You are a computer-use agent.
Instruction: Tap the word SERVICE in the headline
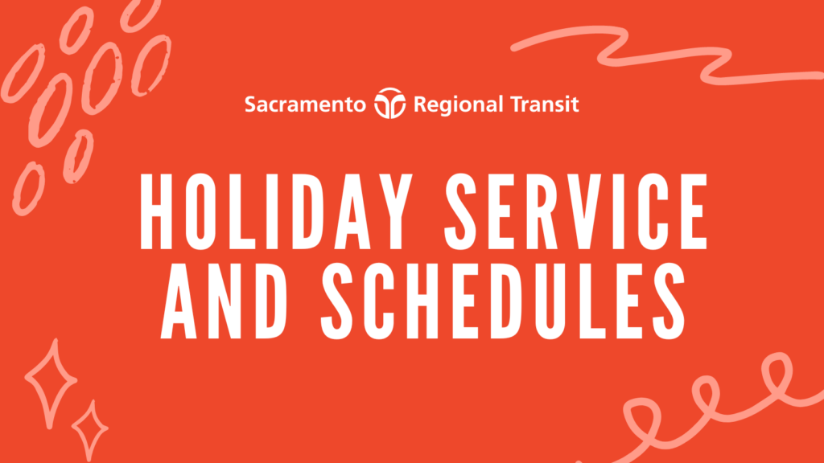click(x=576, y=211)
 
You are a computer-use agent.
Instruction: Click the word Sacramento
click(x=305, y=104)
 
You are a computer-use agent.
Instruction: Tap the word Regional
click(x=459, y=105)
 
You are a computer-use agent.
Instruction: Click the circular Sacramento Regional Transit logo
click(x=390, y=103)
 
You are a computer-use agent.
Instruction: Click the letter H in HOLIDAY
click(x=156, y=211)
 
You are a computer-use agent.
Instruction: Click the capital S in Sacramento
click(x=250, y=104)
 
